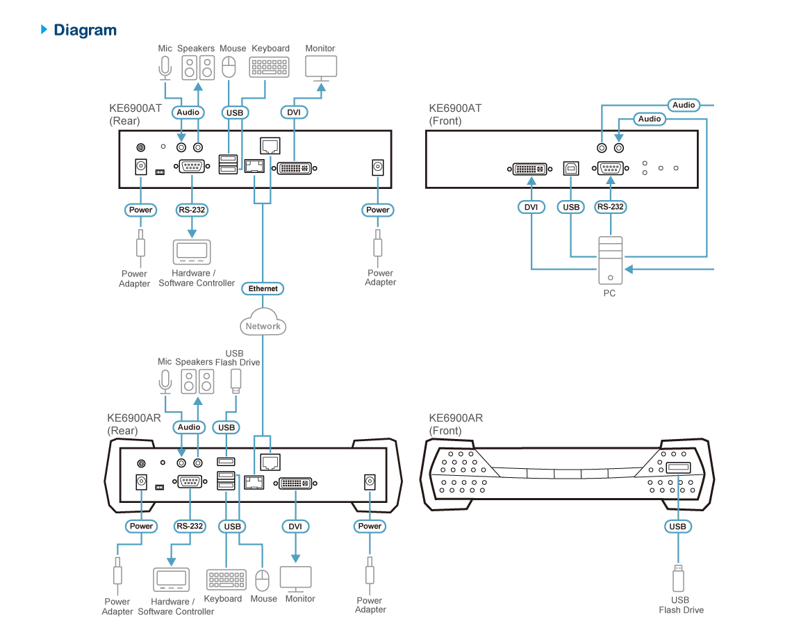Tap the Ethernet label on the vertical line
tap(263, 288)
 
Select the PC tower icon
tap(610, 261)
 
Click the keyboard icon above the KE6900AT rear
tap(270, 67)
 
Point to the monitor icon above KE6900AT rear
tap(321, 68)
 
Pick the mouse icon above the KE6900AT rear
tap(229, 67)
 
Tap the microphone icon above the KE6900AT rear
tap(165, 68)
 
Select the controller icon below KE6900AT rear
tap(192, 252)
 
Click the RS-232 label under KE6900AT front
tap(611, 207)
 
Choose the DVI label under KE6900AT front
tap(531, 207)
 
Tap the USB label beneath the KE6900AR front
tap(677, 527)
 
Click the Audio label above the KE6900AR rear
tap(189, 427)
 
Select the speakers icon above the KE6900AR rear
tap(197, 381)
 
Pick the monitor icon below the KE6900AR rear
tap(296, 579)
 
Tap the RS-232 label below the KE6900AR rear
tap(190, 527)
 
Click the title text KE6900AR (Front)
tap(456, 424)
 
